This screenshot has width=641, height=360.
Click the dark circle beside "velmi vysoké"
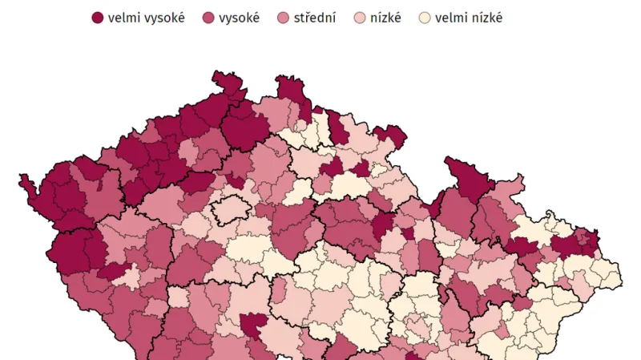[98, 18]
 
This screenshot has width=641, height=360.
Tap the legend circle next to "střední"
[284, 18]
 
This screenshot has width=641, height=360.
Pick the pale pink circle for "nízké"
[361, 18]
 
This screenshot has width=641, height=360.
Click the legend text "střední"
[316, 18]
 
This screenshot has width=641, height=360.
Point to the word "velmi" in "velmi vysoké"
[126, 18]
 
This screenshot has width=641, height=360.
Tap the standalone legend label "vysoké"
[239, 18]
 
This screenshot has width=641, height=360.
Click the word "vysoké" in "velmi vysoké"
[165, 18]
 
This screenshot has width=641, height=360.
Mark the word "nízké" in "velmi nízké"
[487, 18]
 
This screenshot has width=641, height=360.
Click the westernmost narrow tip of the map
[24, 180]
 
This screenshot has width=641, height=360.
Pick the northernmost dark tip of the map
[221, 78]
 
